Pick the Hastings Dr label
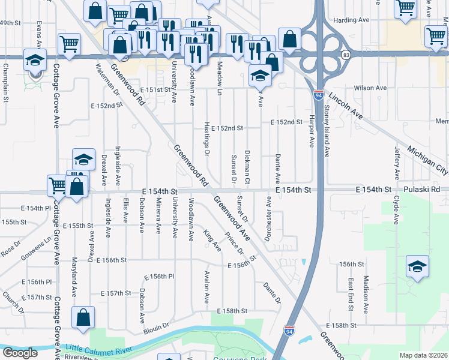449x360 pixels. tap(206, 143)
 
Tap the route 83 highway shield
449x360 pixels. tap(346, 55)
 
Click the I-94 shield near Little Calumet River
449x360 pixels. tap(289, 331)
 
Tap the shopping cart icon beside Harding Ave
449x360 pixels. tap(406, 9)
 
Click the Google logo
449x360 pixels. tap(20, 353)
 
